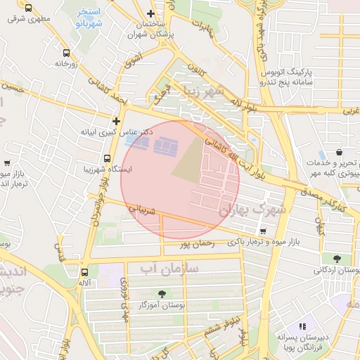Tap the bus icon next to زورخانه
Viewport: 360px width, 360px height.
click(x=66, y=53)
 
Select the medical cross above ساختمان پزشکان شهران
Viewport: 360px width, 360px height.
click(x=150, y=14)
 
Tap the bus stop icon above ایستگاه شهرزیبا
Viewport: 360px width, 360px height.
click(x=107, y=158)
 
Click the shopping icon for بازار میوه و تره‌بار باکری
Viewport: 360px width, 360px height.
click(x=263, y=231)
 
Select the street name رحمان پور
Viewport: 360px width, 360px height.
click(x=195, y=244)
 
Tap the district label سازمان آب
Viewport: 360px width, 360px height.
click(x=169, y=269)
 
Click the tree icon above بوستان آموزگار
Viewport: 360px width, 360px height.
click(x=162, y=294)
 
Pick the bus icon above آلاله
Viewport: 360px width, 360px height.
click(x=85, y=271)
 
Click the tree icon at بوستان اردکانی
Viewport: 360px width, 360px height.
click(x=337, y=259)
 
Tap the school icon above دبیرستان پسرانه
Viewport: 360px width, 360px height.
click(x=303, y=326)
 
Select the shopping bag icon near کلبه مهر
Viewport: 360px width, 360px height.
click(x=339, y=152)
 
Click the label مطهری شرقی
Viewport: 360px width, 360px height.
click(x=25, y=19)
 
